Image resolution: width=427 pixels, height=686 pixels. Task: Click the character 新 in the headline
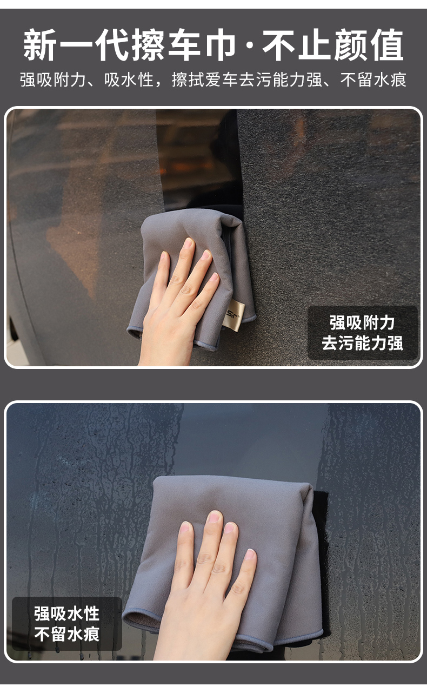[40, 45]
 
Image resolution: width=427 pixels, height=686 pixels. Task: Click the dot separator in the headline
[249, 45]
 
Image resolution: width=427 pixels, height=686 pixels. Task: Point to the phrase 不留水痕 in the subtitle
[373, 80]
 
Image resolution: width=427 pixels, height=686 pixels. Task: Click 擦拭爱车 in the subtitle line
[205, 80]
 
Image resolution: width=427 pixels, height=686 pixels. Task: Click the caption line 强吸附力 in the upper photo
[362, 323]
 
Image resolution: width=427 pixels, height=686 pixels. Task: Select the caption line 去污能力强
[362, 342]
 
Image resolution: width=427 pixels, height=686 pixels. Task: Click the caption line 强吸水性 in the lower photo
[66, 614]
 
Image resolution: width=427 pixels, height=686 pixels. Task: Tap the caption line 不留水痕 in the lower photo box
[66, 634]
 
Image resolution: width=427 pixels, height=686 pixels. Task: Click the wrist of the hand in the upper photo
[166, 355]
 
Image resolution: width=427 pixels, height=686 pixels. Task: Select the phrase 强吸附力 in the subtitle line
[52, 80]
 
